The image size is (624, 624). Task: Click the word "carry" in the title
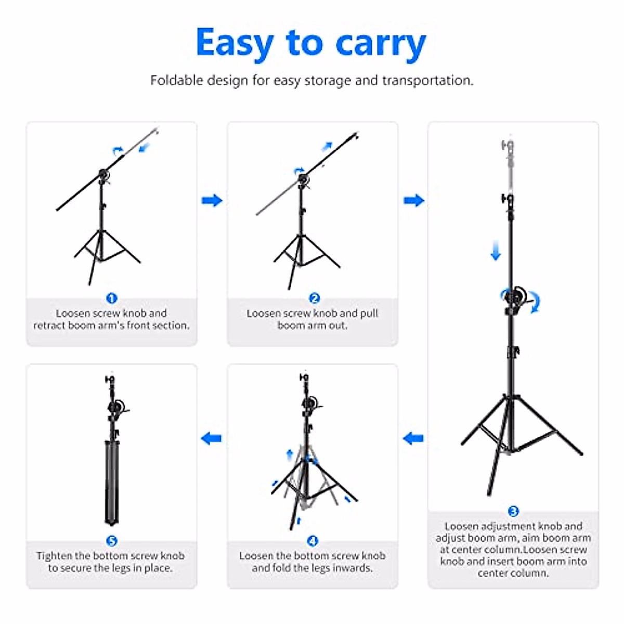381,44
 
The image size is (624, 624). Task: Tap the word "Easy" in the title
235,44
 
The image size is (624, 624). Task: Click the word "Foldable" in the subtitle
176,81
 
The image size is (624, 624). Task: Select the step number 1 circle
111,298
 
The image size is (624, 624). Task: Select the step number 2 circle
314,298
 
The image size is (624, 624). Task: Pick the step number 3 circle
513,511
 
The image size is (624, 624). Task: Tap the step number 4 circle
313,541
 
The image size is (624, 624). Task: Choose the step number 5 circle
111,541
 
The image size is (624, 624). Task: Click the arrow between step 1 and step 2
212,200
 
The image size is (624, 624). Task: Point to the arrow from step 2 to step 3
414,200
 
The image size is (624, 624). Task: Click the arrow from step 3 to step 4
413,438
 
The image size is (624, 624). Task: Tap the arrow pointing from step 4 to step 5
212,438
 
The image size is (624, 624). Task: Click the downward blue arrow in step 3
496,253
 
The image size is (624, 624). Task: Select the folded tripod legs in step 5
112,481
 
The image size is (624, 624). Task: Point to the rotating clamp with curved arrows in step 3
517,299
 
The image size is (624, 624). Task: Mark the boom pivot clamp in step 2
304,179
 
